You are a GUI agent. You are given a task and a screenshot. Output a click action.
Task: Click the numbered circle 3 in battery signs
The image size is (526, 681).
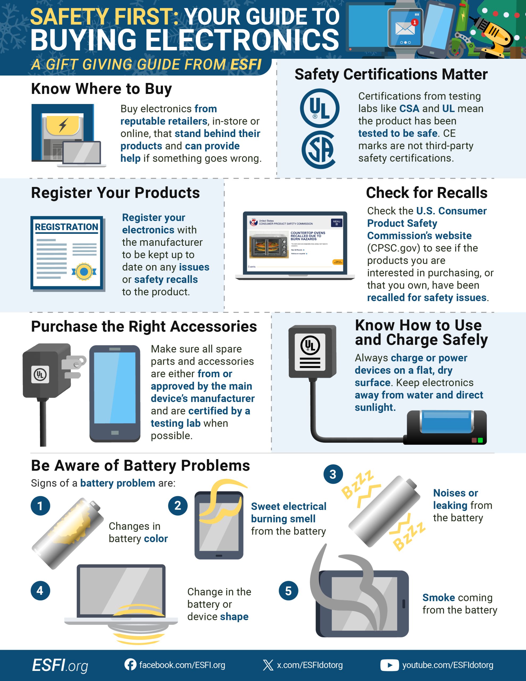(x=333, y=474)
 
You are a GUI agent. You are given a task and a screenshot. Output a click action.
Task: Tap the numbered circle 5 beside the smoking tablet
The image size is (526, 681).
(x=289, y=591)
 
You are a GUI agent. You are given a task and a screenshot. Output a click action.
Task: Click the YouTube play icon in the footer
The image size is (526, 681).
(x=389, y=665)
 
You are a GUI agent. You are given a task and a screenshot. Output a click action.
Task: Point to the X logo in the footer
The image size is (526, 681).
(x=268, y=665)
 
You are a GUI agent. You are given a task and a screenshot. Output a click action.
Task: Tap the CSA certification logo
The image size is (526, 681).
(x=319, y=150)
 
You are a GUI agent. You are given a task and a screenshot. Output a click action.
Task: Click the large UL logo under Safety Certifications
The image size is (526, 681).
(x=320, y=108)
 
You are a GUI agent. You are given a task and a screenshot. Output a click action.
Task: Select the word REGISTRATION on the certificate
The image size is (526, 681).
(x=66, y=227)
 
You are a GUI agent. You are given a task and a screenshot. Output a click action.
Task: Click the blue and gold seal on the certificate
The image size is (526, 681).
(x=84, y=272)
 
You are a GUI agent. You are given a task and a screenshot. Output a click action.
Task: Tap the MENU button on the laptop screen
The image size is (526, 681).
(x=336, y=223)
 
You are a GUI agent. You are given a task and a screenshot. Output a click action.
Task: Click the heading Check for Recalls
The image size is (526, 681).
(x=426, y=193)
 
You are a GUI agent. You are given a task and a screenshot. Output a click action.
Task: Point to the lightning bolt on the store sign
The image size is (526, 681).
(x=63, y=125)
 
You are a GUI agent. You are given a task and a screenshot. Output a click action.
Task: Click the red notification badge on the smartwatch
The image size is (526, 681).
(x=414, y=22)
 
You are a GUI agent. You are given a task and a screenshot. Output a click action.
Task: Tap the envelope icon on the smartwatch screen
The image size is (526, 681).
(x=405, y=29)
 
